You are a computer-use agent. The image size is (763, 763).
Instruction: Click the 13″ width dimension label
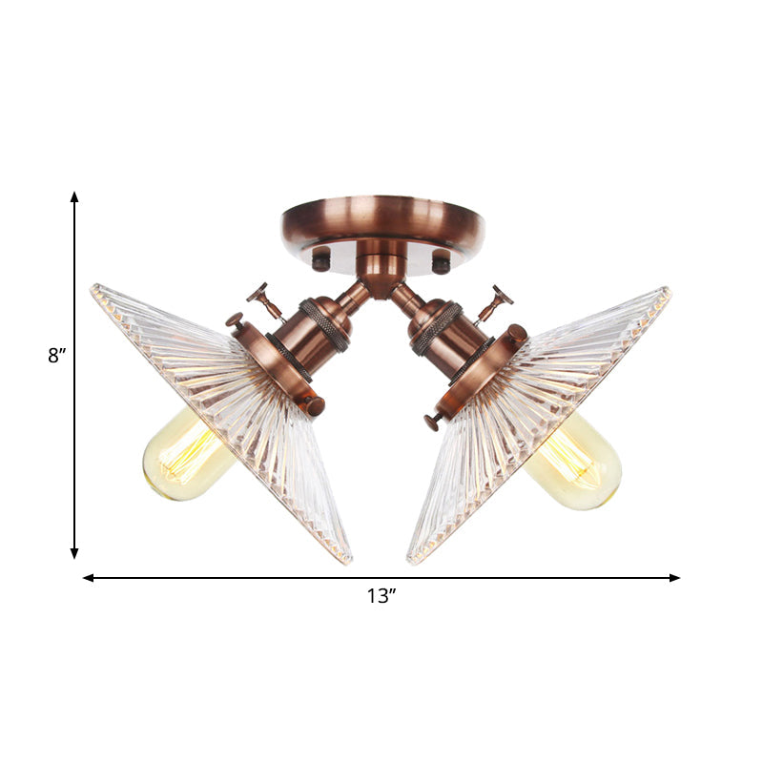click(x=381, y=597)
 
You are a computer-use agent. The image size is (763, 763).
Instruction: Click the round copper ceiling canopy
click(x=382, y=222)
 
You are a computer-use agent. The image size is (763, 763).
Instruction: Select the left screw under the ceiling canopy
click(x=321, y=258)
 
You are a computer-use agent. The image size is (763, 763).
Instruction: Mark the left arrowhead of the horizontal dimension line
click(x=88, y=577)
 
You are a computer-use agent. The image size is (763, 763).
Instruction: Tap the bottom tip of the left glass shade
click(x=348, y=560)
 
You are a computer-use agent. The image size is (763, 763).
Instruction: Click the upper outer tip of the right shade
click(x=668, y=290)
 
